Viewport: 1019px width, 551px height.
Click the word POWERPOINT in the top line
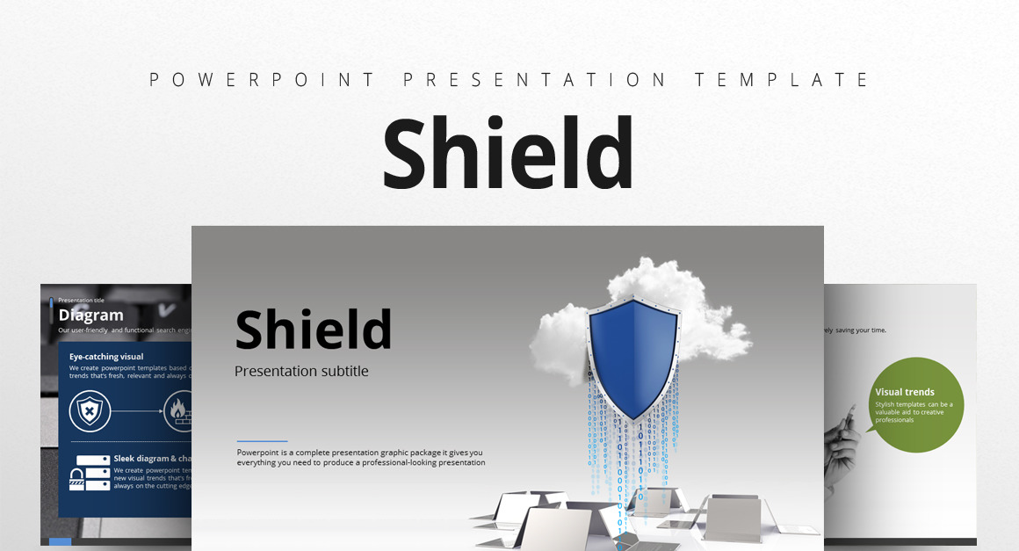(264, 80)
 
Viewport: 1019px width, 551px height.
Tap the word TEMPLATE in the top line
(781, 80)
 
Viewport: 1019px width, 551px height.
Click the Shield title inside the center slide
(313, 330)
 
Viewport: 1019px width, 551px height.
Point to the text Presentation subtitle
(301, 372)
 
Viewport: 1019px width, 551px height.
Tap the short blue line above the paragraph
(262, 441)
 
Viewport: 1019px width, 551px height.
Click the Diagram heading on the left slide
(90, 315)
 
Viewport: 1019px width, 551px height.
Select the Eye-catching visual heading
(106, 357)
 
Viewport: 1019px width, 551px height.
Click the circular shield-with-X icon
(90, 410)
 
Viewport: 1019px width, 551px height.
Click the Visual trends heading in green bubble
(904, 392)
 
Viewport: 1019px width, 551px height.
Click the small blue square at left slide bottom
(60, 542)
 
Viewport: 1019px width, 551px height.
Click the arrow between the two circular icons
(137, 410)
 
